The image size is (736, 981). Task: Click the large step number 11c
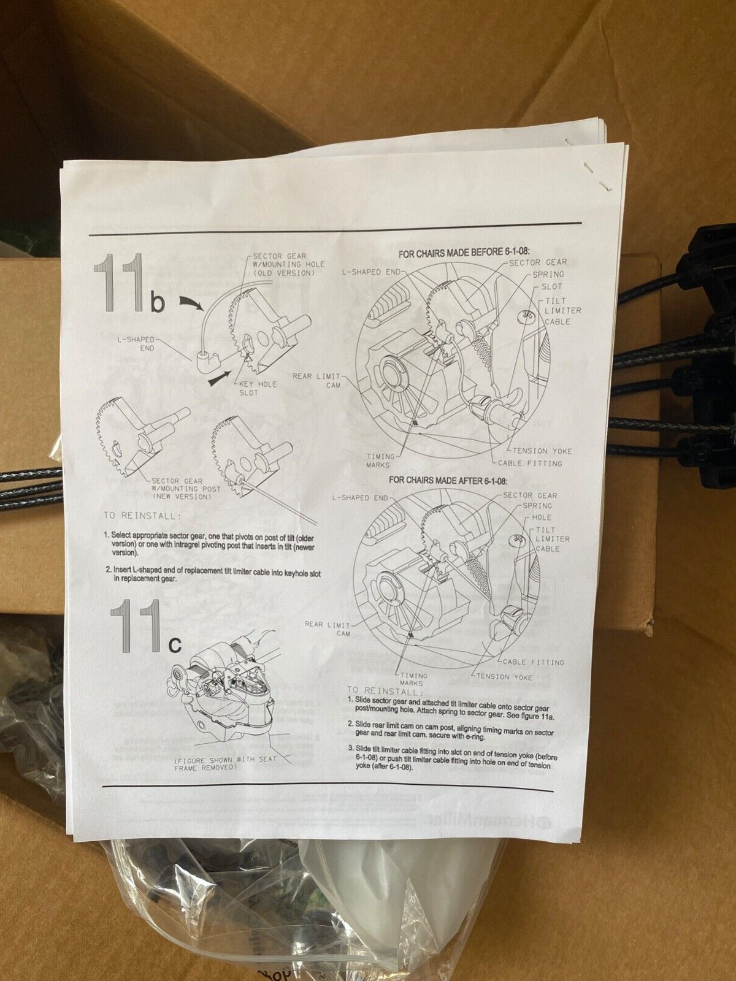[x=145, y=627]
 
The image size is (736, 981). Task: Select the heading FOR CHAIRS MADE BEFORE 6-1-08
[x=464, y=252]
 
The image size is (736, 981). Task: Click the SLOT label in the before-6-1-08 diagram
[x=551, y=286]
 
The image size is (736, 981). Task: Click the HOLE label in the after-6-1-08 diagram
[x=541, y=517]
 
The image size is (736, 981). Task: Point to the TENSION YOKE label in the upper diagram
[x=542, y=451]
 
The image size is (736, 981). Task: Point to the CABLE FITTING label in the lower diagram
[x=532, y=662]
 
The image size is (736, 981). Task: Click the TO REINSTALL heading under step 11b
[x=142, y=516]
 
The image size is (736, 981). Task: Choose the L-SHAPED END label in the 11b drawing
[x=138, y=343]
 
